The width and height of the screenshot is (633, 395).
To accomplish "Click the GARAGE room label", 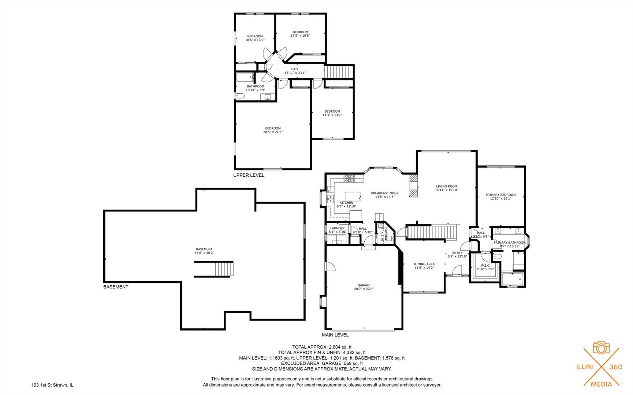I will [364, 285].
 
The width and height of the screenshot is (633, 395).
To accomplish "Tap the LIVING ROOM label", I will [446, 186].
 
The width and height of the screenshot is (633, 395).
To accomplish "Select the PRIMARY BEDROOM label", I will [500, 195].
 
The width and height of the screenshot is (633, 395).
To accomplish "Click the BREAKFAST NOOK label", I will [384, 193].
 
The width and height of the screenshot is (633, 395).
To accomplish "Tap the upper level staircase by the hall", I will [339, 72].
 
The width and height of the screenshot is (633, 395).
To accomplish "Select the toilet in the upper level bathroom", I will [239, 96].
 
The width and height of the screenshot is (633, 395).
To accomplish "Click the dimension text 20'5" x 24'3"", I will [273, 132].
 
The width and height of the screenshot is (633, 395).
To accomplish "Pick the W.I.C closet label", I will [485, 266].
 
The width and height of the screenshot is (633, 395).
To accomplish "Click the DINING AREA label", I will [424, 264].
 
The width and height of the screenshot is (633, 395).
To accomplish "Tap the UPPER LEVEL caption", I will [249, 175].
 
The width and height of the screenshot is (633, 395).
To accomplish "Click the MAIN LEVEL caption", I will [335, 335].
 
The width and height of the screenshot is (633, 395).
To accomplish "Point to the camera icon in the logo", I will [601, 348].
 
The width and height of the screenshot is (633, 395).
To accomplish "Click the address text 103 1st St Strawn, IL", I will [52, 385].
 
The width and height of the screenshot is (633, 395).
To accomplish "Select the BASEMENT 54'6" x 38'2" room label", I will [204, 251].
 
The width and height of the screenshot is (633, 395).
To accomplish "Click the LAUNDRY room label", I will [337, 228].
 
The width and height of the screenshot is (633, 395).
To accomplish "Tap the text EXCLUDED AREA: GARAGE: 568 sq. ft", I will [322, 364].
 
